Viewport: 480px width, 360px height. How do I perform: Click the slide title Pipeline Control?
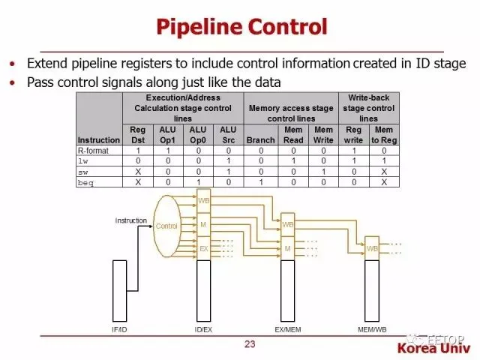coord(241,27)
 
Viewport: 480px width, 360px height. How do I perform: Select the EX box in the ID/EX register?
coord(204,248)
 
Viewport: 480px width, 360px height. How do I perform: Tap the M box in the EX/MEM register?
coord(288,248)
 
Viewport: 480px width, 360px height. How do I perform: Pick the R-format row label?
coord(93,150)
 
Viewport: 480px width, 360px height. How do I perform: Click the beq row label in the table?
coord(86,181)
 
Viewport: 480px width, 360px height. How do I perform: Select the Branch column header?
coord(260,139)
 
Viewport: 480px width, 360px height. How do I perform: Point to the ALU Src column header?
coord(228,134)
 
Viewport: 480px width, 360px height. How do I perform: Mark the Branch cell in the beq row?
coord(260,181)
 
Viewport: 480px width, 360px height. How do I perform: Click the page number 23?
coord(250,344)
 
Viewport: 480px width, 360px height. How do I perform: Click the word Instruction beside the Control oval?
coord(131,220)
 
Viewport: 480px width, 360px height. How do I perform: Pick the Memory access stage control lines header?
coord(292,113)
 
